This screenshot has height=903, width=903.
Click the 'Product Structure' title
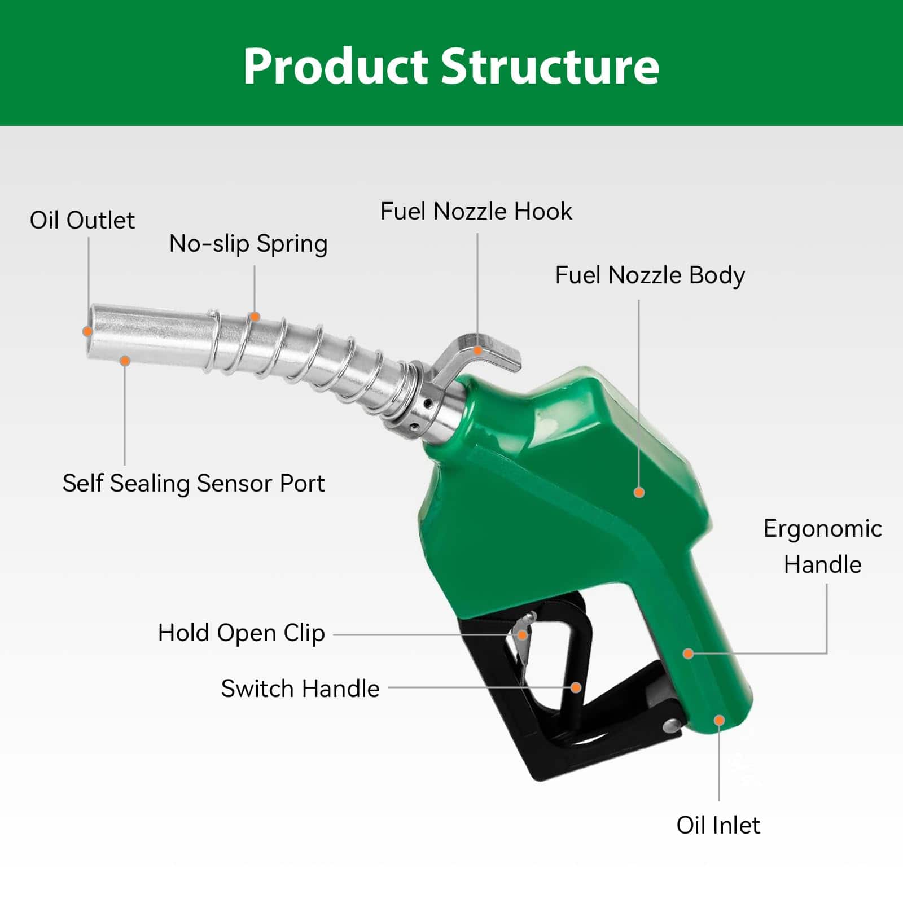point(451,66)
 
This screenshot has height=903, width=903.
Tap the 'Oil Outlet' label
point(82,220)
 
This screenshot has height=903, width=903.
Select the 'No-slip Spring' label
point(248,244)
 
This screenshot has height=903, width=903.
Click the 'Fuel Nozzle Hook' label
point(476,212)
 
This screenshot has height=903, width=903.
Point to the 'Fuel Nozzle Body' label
point(650,275)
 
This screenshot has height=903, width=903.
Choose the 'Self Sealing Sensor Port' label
point(194,484)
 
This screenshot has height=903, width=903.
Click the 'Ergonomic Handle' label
point(823,547)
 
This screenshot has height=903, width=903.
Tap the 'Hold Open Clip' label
point(242,633)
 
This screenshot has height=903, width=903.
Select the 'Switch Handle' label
point(300,689)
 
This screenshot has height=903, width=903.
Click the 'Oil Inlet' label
point(718,825)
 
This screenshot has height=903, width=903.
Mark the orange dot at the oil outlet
point(87,331)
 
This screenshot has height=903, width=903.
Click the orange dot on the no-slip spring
point(255,317)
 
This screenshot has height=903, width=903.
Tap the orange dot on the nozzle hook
point(477,350)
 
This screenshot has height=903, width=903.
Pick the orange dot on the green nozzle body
point(639,492)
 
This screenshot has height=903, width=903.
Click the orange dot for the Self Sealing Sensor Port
point(125,361)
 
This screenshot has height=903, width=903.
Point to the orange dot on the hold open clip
point(523,635)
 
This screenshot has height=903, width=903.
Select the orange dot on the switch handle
point(576,687)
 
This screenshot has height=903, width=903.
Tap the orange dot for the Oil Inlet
point(719,720)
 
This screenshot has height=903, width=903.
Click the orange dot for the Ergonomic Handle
point(688,654)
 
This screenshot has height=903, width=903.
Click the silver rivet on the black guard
point(672,725)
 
